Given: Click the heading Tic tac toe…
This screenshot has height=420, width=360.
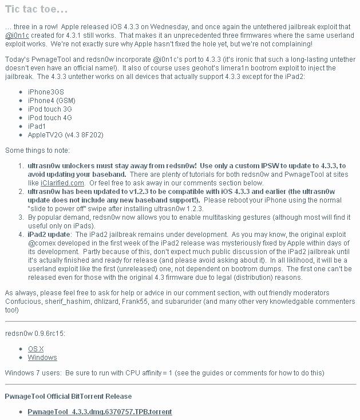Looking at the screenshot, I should [x=36, y=9].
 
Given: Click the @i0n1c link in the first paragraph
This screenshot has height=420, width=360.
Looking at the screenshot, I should [x=17, y=35].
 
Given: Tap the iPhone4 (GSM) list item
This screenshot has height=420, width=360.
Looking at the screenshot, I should [x=52, y=100].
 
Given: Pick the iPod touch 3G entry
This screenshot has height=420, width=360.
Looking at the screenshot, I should [x=50, y=109].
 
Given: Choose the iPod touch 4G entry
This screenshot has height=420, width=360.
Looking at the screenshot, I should [x=50, y=117].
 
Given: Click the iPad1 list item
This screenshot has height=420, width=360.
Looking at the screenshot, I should [x=37, y=126].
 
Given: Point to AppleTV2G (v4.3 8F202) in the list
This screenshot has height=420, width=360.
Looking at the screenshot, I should [x=65, y=135].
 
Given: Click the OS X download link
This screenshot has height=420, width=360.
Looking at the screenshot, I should [x=36, y=348].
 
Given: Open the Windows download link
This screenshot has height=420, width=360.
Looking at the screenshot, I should [x=42, y=358].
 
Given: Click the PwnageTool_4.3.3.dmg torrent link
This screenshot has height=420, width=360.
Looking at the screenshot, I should [x=100, y=411].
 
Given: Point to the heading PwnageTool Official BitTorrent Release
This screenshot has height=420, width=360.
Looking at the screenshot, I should [x=68, y=396].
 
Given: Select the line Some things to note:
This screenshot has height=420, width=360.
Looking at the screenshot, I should [x=37, y=150].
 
